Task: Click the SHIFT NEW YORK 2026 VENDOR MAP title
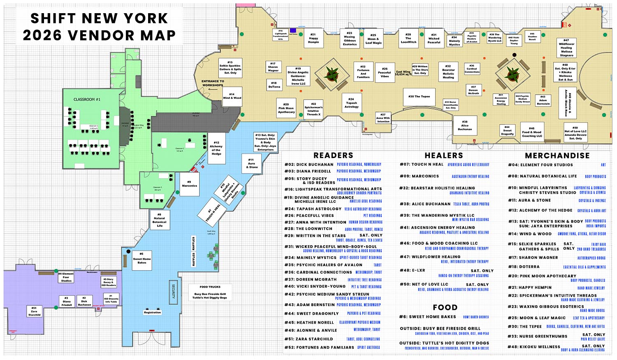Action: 99,27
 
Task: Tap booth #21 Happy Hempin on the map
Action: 313,38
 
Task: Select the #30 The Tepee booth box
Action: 419,97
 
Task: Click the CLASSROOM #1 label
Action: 87,100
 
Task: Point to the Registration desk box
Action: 152,312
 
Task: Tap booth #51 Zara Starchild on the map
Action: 34,311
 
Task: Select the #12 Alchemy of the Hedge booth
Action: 216,148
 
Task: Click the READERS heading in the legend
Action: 333,156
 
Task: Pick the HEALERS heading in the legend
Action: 444,156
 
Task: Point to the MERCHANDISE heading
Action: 557,156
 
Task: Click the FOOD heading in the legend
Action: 445,308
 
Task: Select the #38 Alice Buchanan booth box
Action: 465,125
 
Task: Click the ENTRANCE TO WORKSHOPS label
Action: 213,83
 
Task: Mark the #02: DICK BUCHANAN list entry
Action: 309,165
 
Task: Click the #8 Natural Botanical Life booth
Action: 160,220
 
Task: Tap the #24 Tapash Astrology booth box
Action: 351,103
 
